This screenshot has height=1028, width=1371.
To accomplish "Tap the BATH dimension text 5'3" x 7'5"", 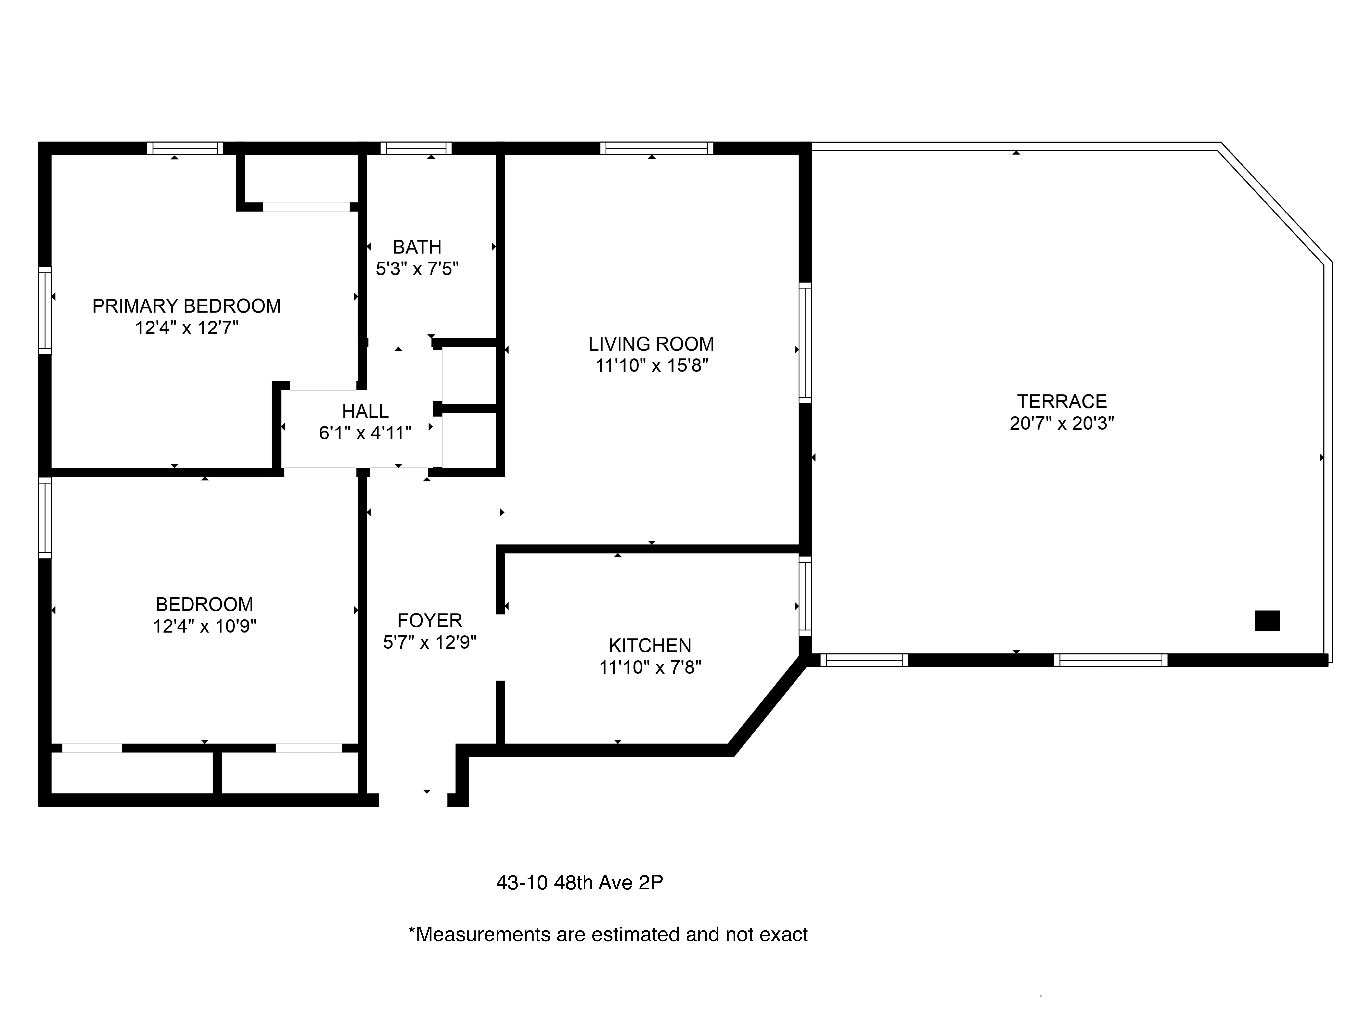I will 417,269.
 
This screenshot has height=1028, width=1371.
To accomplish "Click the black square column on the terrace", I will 1267,620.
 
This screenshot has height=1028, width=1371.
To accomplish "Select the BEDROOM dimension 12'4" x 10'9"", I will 205,626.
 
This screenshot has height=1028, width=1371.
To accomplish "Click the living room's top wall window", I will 656,148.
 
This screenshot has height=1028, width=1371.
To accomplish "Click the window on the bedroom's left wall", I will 45,517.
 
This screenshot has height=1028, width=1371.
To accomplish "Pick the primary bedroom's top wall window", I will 185,148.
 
